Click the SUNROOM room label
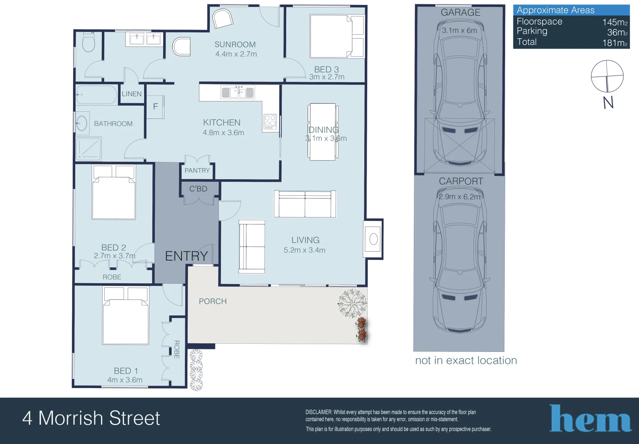tap(235, 44)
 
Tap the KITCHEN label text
tap(222, 123)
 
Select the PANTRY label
tap(197, 170)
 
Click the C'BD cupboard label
tap(198, 189)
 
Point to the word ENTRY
tap(186, 256)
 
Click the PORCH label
tap(213, 301)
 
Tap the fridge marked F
tap(156, 107)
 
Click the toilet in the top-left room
tap(88, 43)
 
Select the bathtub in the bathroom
tap(97, 95)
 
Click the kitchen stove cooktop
tap(270, 122)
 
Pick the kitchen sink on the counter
tap(237, 92)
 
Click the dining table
tap(322, 132)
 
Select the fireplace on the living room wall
tap(373, 239)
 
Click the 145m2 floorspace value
tap(614, 22)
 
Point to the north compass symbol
tap(607, 76)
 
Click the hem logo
tap(590, 419)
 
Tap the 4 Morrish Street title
tap(91, 418)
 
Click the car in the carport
tap(460, 263)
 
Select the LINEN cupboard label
tap(132, 94)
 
